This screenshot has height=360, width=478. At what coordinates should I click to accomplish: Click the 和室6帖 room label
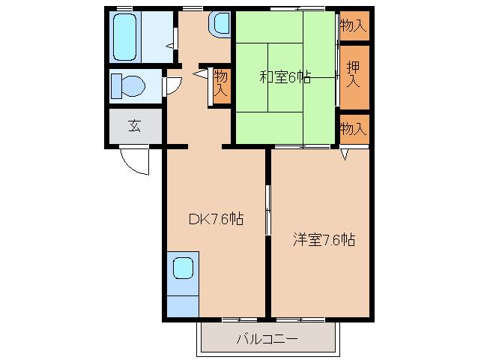point(285,77)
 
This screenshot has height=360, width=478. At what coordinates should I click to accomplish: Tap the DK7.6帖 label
point(216,219)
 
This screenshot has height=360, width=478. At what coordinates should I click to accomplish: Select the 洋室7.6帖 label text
point(324,239)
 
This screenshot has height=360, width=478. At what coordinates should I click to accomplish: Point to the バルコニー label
point(267,339)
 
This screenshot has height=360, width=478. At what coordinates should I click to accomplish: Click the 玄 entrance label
point(134,126)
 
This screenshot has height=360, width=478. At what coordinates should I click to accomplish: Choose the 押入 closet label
point(354,74)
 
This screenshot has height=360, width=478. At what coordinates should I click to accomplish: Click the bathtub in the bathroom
point(124,37)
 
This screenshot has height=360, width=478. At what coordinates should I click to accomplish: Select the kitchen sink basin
point(184,268)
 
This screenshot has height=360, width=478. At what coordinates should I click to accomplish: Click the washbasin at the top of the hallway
point(220,23)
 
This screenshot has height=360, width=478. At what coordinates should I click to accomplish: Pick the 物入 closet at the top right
point(354,25)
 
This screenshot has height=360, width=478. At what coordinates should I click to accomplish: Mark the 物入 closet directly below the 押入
point(354,129)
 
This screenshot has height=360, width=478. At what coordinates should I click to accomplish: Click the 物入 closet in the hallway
point(222,86)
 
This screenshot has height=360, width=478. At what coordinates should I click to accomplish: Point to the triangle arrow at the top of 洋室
point(344,154)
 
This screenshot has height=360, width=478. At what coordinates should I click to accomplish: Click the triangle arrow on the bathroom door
point(170,46)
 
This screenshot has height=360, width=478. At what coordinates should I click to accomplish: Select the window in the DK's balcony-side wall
point(240,319)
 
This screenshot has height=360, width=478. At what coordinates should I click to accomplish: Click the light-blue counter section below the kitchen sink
point(183,306)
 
